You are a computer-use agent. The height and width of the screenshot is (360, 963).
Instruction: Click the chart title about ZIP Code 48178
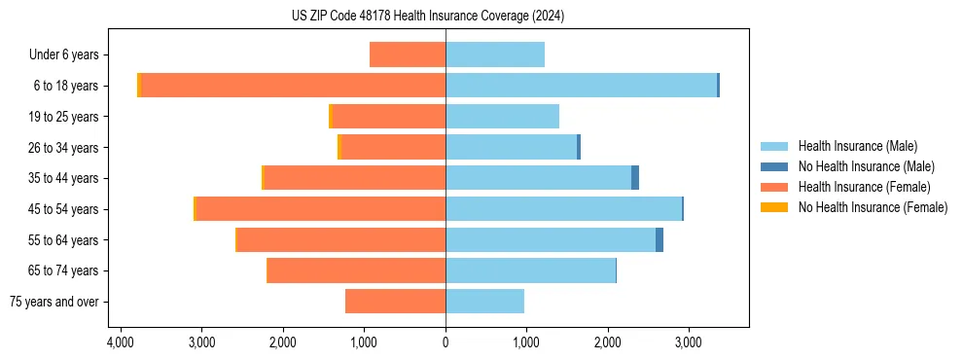(x=427, y=16)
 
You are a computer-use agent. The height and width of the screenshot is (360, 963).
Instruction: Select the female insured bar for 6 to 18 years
(x=585, y=86)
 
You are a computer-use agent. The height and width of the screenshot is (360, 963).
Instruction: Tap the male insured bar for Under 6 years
(x=494, y=54)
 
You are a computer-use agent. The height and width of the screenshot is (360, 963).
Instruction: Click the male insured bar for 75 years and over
(x=484, y=302)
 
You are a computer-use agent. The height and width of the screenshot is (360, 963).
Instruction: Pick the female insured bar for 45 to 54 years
(x=321, y=209)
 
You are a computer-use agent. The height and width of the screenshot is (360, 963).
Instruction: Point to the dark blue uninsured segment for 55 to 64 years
(x=660, y=240)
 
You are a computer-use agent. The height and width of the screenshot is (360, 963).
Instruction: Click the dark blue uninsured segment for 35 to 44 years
(x=635, y=178)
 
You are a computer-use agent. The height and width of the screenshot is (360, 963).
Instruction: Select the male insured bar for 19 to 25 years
(x=502, y=117)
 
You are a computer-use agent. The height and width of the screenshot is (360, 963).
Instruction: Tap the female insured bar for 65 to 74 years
(x=356, y=270)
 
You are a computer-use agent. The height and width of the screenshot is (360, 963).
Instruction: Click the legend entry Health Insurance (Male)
(x=857, y=146)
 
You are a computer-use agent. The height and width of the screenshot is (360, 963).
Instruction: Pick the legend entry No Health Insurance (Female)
(x=873, y=207)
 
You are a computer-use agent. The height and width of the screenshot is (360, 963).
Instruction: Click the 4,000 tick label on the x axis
(x=121, y=343)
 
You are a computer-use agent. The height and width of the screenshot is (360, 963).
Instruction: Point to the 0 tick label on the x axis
(x=446, y=343)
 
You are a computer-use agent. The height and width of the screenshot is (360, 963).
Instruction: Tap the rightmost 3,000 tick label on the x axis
(x=688, y=343)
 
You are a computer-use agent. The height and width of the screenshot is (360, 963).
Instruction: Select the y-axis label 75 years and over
(x=53, y=302)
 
